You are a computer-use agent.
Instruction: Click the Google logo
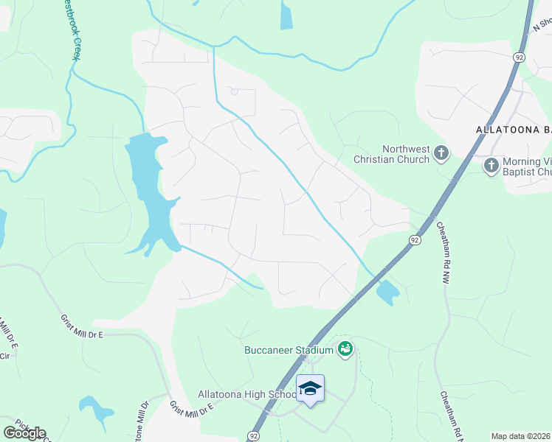(24, 433)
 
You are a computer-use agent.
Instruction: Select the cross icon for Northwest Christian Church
(441, 154)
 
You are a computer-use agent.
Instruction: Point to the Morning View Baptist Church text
(526, 167)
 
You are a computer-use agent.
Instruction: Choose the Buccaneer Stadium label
(289, 349)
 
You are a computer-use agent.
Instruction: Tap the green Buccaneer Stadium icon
(344, 348)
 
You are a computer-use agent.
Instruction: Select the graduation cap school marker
(310, 388)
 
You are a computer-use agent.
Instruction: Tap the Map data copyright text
(521, 436)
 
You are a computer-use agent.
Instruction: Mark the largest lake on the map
(151, 192)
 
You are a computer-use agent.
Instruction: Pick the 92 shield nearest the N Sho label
(520, 56)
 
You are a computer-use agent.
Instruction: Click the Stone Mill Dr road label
(140, 420)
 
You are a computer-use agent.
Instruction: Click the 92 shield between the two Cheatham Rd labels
(415, 240)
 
